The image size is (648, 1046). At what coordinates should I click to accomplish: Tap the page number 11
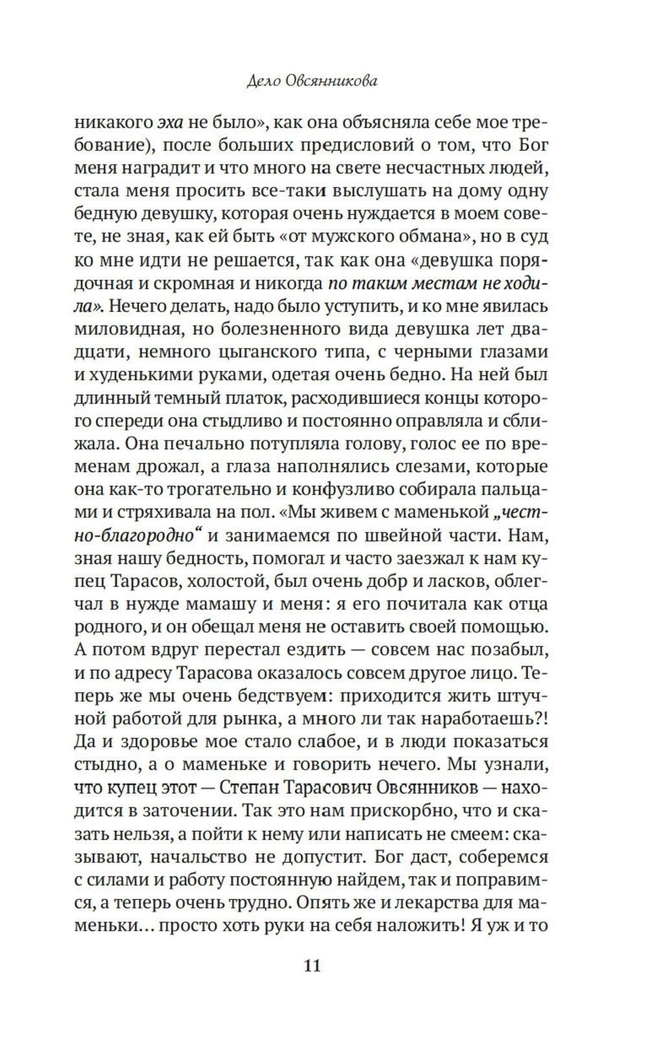pos(312,966)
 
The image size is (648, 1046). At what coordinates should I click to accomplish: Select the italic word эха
pos(172,122)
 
